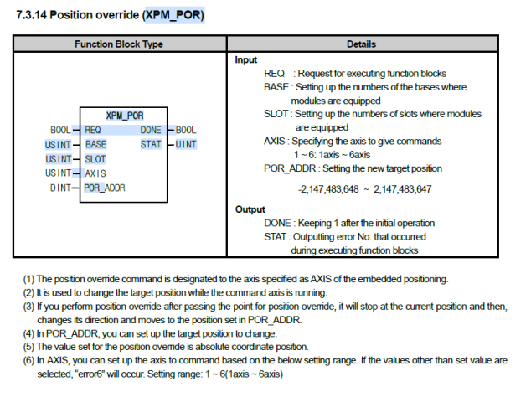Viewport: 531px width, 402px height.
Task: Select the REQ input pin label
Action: (x=93, y=130)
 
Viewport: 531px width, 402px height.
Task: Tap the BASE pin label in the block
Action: (x=96, y=144)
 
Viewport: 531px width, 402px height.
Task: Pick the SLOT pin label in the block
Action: (x=96, y=158)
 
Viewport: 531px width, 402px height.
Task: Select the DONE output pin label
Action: (x=151, y=130)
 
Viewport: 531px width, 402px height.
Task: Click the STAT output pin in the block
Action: (x=151, y=144)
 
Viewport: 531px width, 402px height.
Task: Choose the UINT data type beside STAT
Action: (x=186, y=144)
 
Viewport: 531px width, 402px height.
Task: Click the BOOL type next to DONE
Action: (x=186, y=130)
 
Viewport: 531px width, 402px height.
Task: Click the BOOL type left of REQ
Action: (x=61, y=130)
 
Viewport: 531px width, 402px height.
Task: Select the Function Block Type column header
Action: (x=119, y=44)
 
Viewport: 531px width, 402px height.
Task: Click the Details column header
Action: (x=361, y=44)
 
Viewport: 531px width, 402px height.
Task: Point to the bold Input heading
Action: (x=245, y=60)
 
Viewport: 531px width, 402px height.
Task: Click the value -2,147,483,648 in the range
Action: (x=328, y=189)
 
